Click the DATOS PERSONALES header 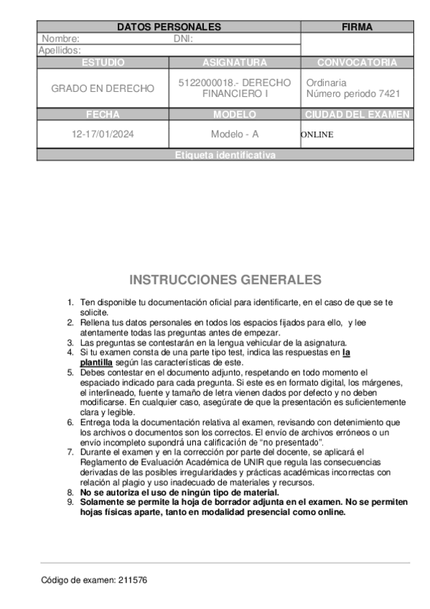pyautogui.click(x=169, y=27)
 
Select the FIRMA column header pyautogui.click(x=357, y=27)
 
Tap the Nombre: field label pyautogui.click(x=60, y=39)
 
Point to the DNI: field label pyautogui.click(x=184, y=39)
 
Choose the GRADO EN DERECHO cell pyautogui.click(x=103, y=88)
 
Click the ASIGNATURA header pyautogui.click(x=235, y=62)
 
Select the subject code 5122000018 pyautogui.click(x=204, y=83)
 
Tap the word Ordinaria pyautogui.click(x=326, y=83)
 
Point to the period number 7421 pyautogui.click(x=388, y=94)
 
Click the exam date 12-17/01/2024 pyautogui.click(x=103, y=134)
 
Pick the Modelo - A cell pyautogui.click(x=235, y=134)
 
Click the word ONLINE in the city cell pyautogui.click(x=317, y=134)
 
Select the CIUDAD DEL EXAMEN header pyautogui.click(x=357, y=114)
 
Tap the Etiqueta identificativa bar pyautogui.click(x=225, y=155)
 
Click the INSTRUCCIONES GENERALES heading pyautogui.click(x=225, y=279)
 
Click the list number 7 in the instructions pyautogui.click(x=70, y=452)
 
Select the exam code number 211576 pyautogui.click(x=133, y=580)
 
